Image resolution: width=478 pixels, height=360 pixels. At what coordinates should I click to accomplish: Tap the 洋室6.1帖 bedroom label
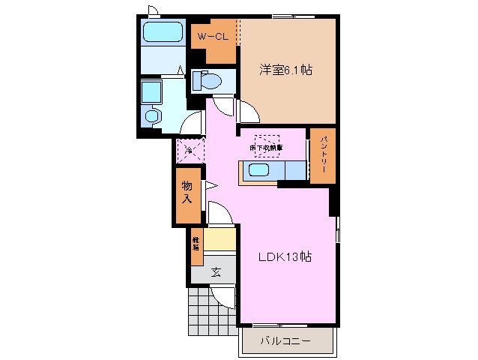(x=285, y=70)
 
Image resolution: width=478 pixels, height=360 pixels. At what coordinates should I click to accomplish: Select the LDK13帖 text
(x=285, y=257)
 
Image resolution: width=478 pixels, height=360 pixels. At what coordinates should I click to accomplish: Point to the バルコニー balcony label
(x=285, y=341)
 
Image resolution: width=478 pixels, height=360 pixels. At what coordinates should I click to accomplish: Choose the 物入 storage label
(x=187, y=193)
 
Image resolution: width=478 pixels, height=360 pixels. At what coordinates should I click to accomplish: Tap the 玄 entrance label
(x=215, y=272)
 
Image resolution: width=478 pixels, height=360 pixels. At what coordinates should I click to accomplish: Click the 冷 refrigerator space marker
(x=189, y=150)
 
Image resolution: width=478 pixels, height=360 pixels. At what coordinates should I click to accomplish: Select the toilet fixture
(x=209, y=79)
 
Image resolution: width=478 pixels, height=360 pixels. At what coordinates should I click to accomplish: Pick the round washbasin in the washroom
(x=154, y=116)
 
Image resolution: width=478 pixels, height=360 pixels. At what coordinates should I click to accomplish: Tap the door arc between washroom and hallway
(x=194, y=124)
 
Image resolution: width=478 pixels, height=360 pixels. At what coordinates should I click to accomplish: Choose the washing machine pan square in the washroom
(x=152, y=91)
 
